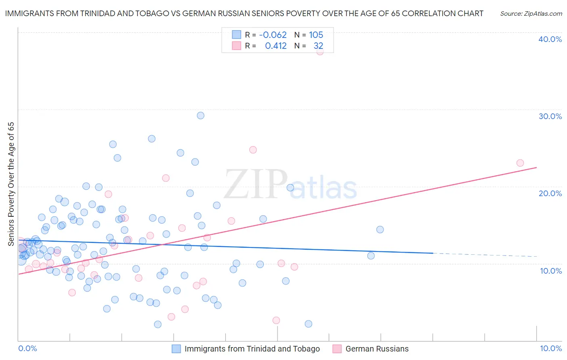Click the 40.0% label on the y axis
point(550,39)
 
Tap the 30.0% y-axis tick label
point(550,116)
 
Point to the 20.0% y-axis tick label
point(550,193)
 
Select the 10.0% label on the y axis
point(551,271)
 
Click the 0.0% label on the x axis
point(27,348)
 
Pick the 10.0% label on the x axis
point(551,348)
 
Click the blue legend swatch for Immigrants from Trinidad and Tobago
point(176,349)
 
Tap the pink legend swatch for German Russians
point(337,349)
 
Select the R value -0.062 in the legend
point(273,35)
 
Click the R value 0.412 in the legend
point(276,46)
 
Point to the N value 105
point(316,35)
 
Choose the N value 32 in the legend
point(319,46)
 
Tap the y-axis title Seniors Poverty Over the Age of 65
point(11,184)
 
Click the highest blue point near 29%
point(200,115)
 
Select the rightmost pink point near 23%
point(520,163)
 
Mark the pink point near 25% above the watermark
point(253,150)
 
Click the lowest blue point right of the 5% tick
point(309,324)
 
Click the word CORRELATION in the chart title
point(429,13)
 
